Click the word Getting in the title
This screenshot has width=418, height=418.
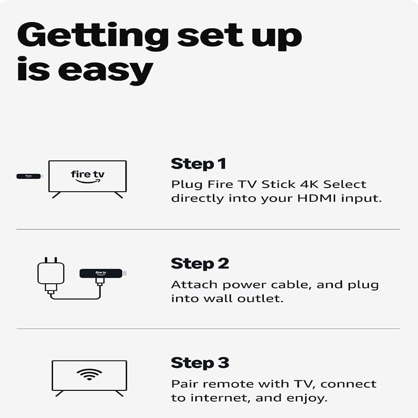[x=93, y=37]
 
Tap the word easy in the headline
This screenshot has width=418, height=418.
[x=106, y=71]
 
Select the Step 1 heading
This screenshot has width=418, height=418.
[x=199, y=164]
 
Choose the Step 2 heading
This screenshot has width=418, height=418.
[x=200, y=264]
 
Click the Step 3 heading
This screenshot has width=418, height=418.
[x=200, y=363]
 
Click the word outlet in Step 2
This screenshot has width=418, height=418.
[x=260, y=298]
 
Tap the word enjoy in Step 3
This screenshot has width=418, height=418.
[x=307, y=399]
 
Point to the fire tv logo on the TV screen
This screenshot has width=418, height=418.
[x=88, y=177]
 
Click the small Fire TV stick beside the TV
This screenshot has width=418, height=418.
[x=29, y=176]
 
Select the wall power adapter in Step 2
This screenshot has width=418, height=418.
[x=51, y=275]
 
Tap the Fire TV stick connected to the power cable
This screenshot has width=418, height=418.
[x=102, y=273]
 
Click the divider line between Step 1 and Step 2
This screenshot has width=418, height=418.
[x=208, y=229]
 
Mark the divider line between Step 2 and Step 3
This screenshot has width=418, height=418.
[x=208, y=329]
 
